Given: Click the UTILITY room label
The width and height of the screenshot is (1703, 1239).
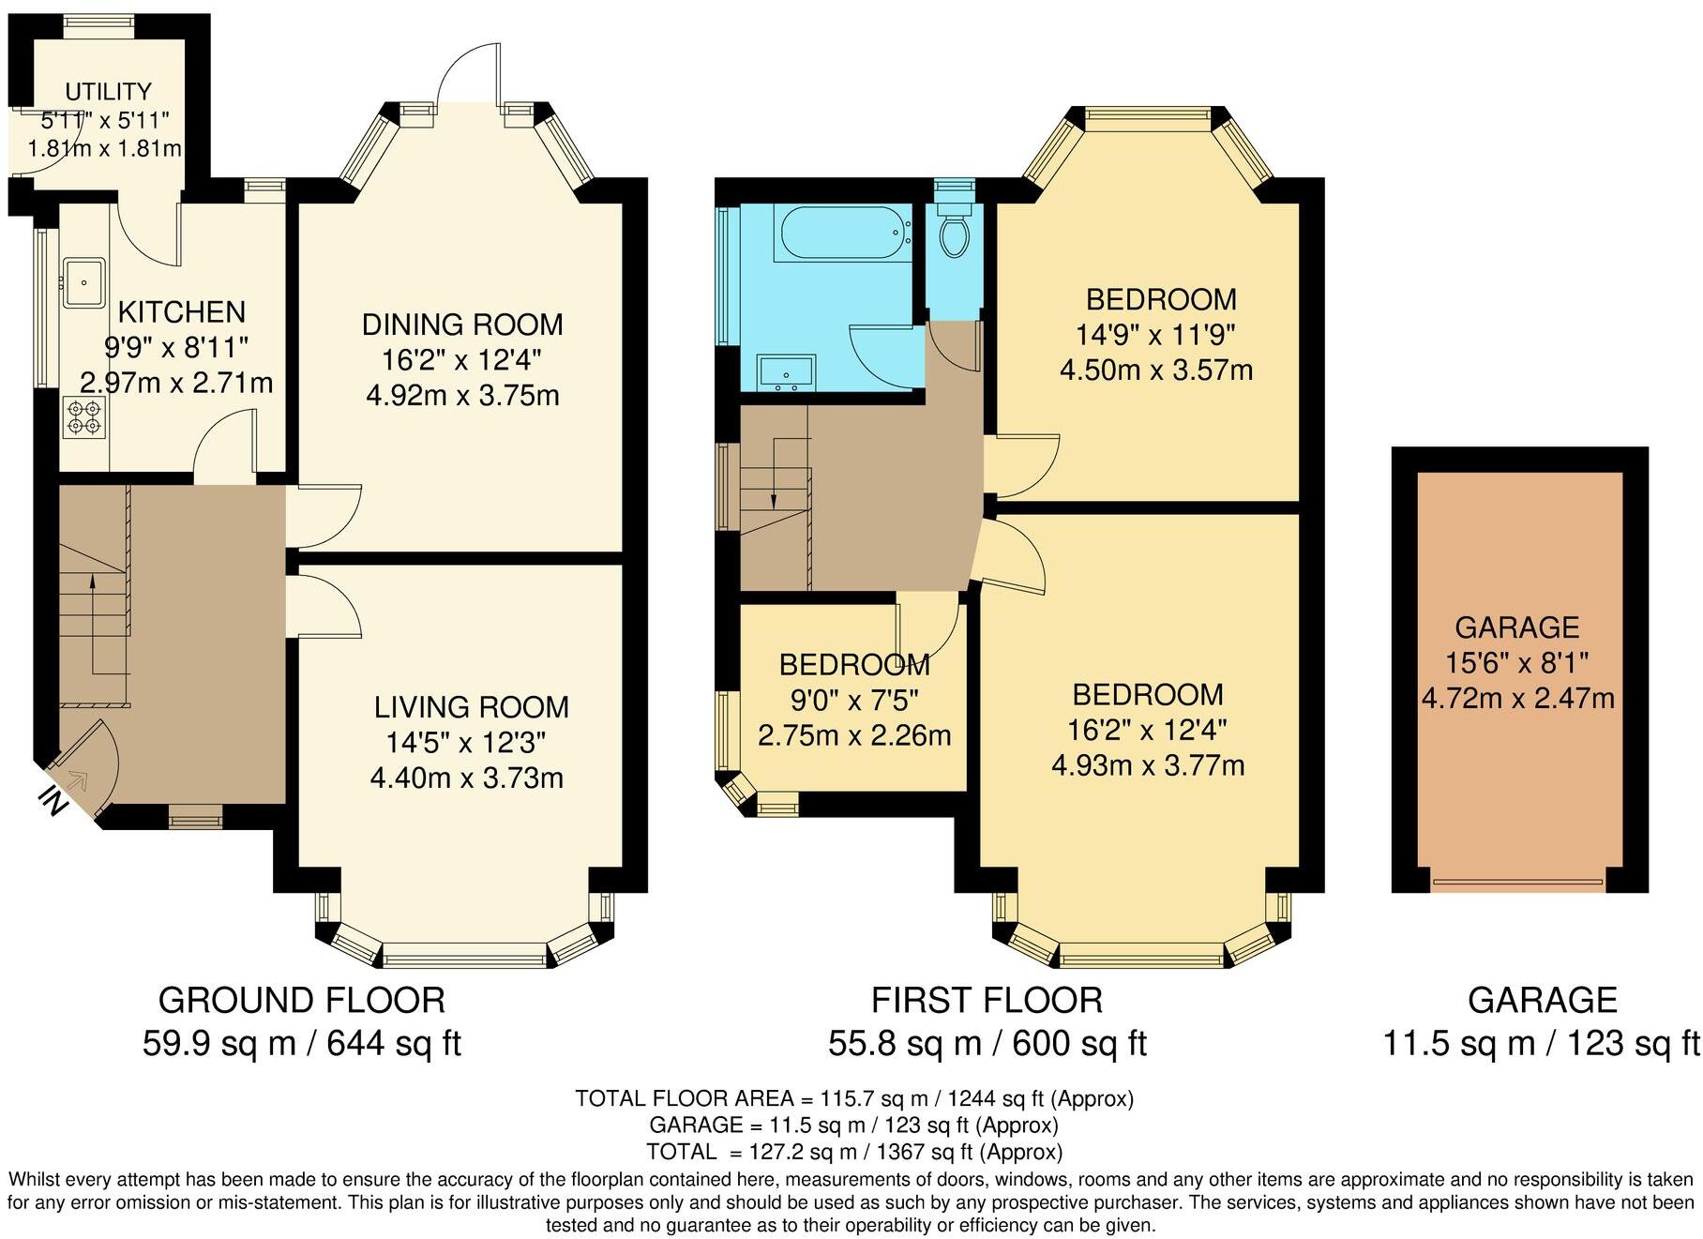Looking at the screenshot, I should pyautogui.click(x=108, y=92).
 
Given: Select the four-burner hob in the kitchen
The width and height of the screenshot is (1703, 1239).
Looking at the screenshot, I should pyautogui.click(x=83, y=416).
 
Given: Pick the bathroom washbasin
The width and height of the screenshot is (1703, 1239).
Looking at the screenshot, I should pyautogui.click(x=786, y=371).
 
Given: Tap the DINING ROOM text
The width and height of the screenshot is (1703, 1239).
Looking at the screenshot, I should pyautogui.click(x=462, y=325).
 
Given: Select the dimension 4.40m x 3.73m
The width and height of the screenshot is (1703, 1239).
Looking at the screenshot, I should pyautogui.click(x=466, y=778).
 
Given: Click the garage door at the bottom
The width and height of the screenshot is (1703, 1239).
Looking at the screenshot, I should pyautogui.click(x=1518, y=881).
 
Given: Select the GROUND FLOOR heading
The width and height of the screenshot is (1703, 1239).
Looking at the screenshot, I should pyautogui.click(x=301, y=1000).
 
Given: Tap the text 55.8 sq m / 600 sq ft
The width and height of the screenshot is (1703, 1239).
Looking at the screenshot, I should pyautogui.click(x=987, y=1043).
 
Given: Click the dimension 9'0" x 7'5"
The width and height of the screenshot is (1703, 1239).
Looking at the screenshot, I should pyautogui.click(x=853, y=700).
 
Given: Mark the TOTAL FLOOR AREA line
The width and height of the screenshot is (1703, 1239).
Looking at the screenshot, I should pyautogui.click(x=853, y=1098).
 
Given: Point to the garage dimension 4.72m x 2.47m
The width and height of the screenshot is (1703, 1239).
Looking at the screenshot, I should pyautogui.click(x=1517, y=698).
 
